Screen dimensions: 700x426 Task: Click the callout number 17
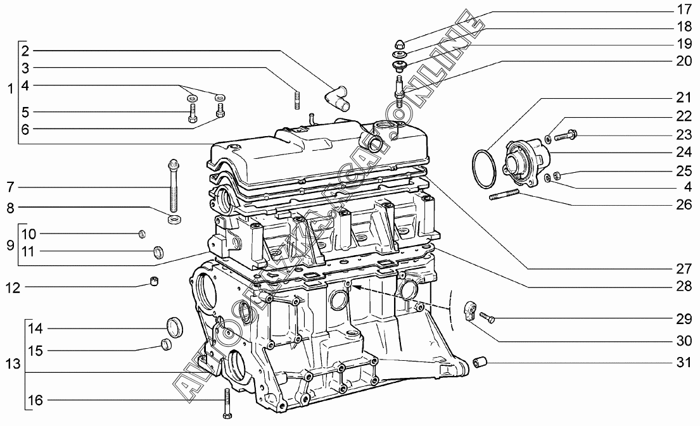click(x=684, y=9)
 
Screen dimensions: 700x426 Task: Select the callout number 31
click(x=684, y=362)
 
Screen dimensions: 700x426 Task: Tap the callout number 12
click(x=13, y=288)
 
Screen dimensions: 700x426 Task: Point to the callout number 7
click(x=10, y=187)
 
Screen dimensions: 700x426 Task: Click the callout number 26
click(x=684, y=204)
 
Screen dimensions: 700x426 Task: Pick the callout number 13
click(x=13, y=364)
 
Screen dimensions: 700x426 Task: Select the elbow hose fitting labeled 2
click(x=337, y=96)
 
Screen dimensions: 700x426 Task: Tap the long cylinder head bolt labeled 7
click(x=174, y=185)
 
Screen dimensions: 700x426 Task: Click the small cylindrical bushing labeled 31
click(x=480, y=363)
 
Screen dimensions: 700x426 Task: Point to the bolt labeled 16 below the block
click(x=227, y=403)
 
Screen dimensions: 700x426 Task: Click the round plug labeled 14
click(x=174, y=326)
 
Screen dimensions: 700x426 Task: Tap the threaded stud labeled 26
click(x=504, y=195)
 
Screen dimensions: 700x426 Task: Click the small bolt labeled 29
click(x=487, y=318)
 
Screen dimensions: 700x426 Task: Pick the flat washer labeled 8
click(x=174, y=220)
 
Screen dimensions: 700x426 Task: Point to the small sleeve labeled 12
click(x=154, y=282)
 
